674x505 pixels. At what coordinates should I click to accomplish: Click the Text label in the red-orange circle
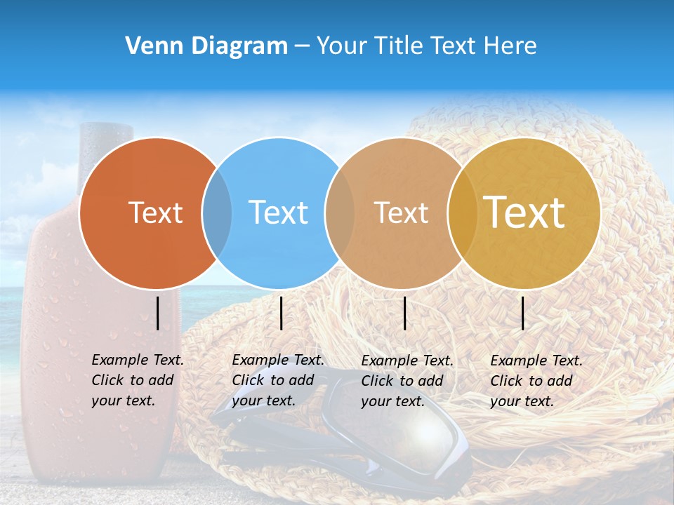pyautogui.click(x=155, y=213)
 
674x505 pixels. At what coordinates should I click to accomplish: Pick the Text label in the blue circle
pyautogui.click(x=279, y=213)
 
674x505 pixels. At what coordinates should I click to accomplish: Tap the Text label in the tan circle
pyautogui.click(x=401, y=213)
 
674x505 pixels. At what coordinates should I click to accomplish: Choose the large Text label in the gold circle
pyautogui.click(x=524, y=213)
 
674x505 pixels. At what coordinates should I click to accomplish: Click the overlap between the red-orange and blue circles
pyautogui.click(x=217, y=213)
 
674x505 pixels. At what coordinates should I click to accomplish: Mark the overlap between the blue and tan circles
pyautogui.click(x=341, y=213)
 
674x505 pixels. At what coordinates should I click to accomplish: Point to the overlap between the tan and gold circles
pyautogui.click(x=462, y=213)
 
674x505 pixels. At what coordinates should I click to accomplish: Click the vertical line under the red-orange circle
pyautogui.click(x=158, y=313)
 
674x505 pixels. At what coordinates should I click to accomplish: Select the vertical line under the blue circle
pyautogui.click(x=281, y=313)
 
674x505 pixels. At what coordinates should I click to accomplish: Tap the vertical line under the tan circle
pyautogui.click(x=405, y=313)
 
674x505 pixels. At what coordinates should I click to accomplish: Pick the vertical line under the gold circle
pyautogui.click(x=523, y=313)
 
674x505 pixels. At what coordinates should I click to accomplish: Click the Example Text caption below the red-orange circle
pyautogui.click(x=137, y=380)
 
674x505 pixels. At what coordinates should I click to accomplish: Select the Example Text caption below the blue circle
pyautogui.click(x=277, y=380)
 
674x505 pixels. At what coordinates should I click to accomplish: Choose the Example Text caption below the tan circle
pyautogui.click(x=407, y=381)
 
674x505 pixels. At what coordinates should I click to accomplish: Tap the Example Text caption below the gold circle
pyautogui.click(x=536, y=381)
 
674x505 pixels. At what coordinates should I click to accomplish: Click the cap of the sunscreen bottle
pyautogui.click(x=106, y=137)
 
